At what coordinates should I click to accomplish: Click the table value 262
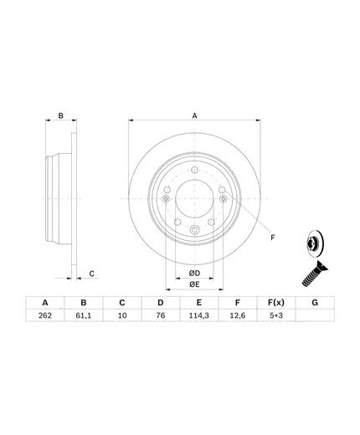(x=45, y=315)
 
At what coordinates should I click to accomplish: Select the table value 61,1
(x=84, y=315)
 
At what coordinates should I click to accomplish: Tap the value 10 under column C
(x=122, y=315)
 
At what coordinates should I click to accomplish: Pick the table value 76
(x=161, y=315)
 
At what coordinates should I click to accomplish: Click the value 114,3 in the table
(x=199, y=315)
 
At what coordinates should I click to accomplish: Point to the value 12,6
(x=238, y=315)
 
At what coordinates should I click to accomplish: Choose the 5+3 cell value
(x=276, y=315)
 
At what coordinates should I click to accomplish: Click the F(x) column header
(x=276, y=303)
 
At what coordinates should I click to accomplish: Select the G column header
(x=315, y=303)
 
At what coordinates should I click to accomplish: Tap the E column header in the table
(x=199, y=303)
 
